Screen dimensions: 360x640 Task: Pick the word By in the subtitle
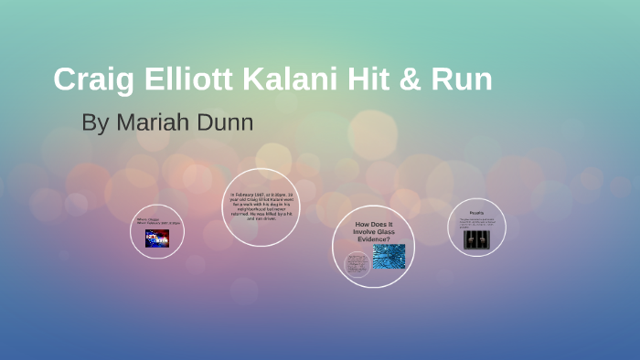[94, 122]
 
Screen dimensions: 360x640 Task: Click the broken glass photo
[389, 257]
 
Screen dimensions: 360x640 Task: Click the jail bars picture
[476, 238]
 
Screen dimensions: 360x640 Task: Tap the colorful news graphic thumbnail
[156, 238]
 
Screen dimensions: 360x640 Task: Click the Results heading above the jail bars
[476, 211]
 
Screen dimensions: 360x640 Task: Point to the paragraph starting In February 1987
[261, 207]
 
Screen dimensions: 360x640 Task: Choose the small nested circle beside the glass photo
[357, 264]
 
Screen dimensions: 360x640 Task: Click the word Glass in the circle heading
[389, 233]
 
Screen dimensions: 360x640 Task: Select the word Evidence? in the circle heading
[373, 239]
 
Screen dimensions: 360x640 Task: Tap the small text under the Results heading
[476, 222]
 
